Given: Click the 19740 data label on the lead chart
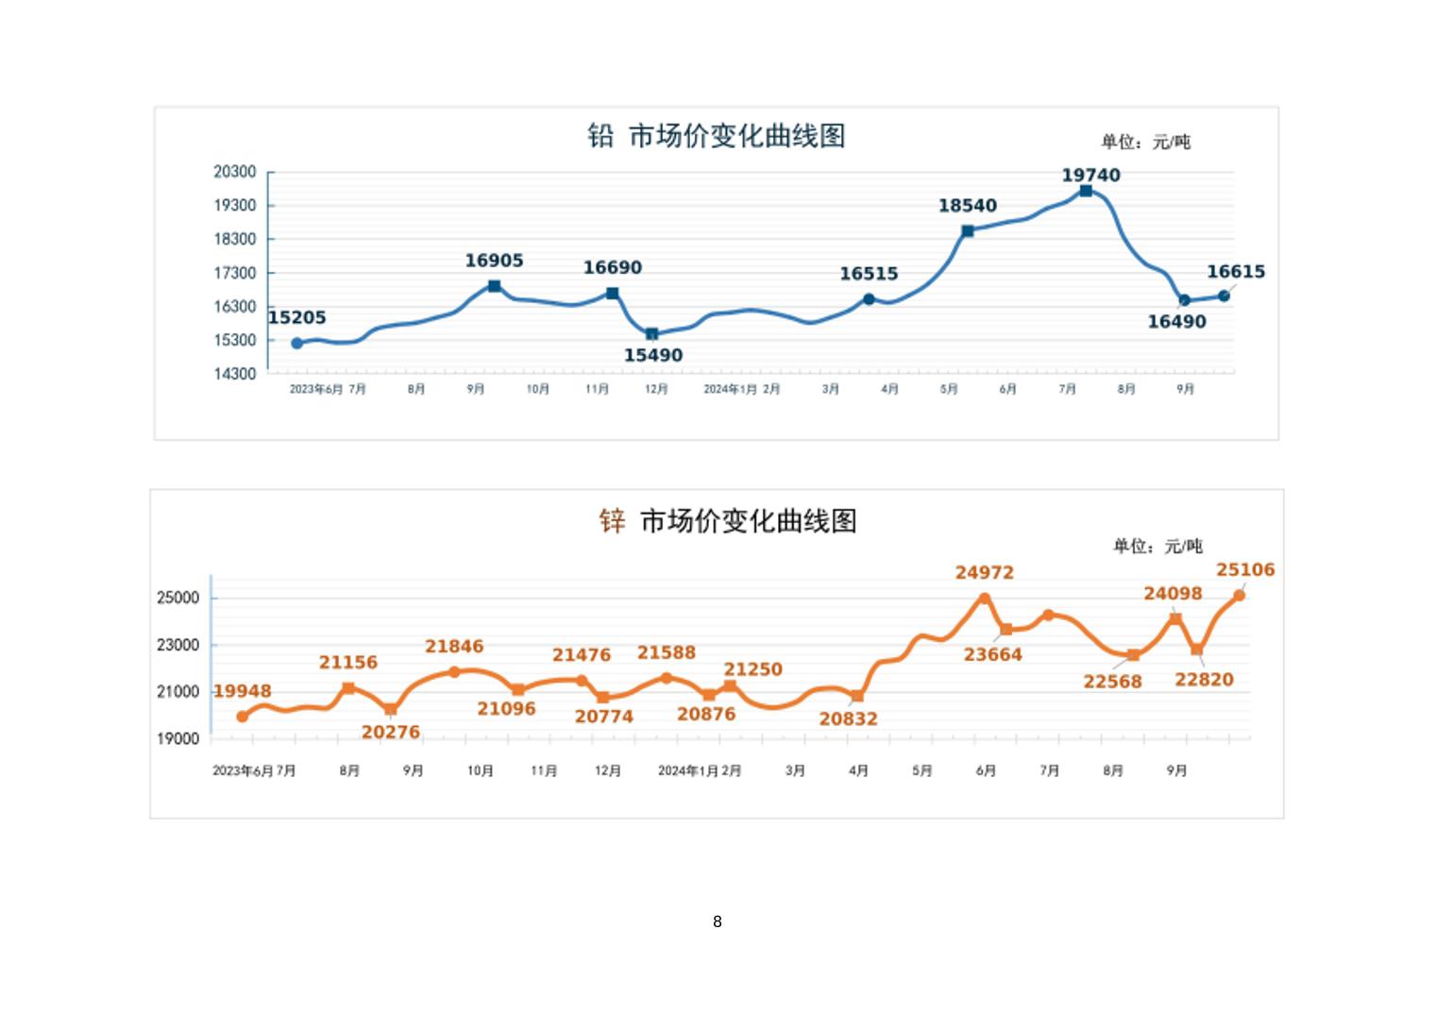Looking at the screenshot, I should tap(1090, 175).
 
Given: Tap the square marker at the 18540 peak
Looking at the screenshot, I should tap(968, 230).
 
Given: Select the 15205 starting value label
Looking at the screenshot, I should tap(296, 317).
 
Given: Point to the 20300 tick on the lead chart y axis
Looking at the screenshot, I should tap(234, 172).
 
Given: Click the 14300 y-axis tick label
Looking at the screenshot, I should tap(234, 374).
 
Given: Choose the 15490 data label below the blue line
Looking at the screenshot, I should tap(652, 355).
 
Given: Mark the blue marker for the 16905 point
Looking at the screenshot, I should tap(494, 286).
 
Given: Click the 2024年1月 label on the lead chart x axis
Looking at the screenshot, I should tap(730, 389).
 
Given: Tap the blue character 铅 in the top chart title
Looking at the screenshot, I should tap(600, 136).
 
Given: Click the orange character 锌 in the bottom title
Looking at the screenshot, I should tap(612, 520).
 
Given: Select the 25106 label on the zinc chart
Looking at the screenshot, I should tap(1245, 569).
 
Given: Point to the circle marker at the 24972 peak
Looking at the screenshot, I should tap(985, 598).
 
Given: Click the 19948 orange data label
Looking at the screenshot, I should tap(243, 691).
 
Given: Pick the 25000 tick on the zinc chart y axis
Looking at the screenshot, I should tap(177, 598).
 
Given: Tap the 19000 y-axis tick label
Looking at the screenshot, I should tap(177, 739).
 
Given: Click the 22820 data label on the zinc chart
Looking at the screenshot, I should tap(1204, 679).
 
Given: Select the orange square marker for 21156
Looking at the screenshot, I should tap(348, 688).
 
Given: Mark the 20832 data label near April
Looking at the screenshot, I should tap(848, 718).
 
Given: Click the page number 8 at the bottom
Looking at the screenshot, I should tap(717, 921).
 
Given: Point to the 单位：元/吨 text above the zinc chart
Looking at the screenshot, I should tap(1157, 546).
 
